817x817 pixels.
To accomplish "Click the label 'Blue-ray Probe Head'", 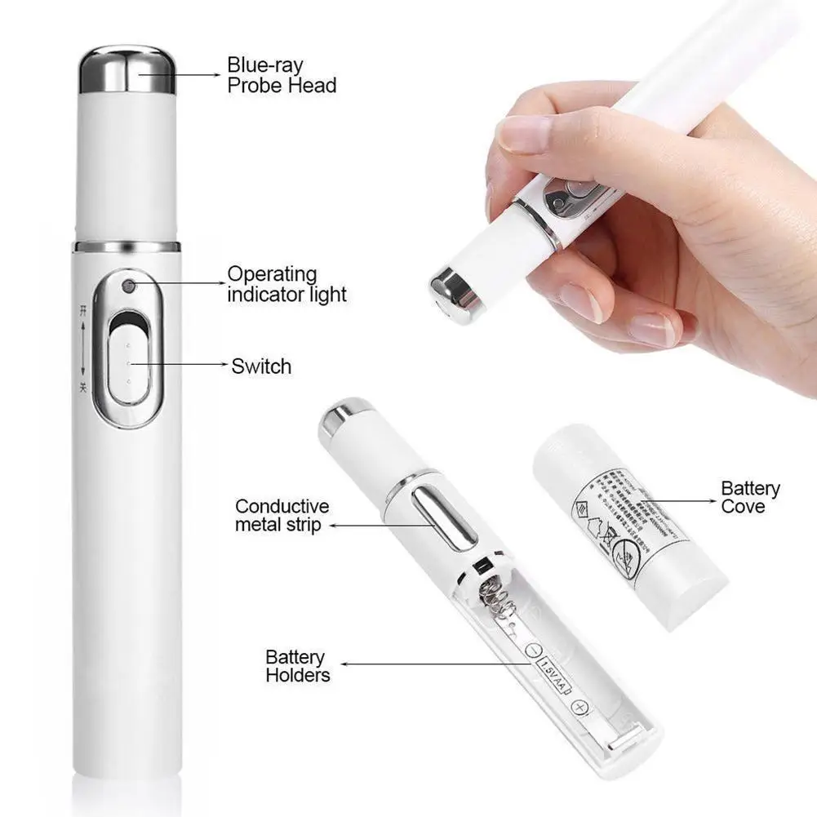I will (281, 74).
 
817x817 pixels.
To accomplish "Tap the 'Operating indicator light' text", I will (286, 284).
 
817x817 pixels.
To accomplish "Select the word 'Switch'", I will (261, 366).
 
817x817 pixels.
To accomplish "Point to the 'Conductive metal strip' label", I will (282, 516).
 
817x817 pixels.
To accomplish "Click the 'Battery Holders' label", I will (298, 666).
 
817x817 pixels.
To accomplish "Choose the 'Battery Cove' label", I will (750, 497).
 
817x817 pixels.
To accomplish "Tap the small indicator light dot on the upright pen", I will (128, 286).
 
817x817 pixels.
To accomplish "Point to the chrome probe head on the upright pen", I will (127, 70).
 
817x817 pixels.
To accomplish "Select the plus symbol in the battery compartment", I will (580, 708).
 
